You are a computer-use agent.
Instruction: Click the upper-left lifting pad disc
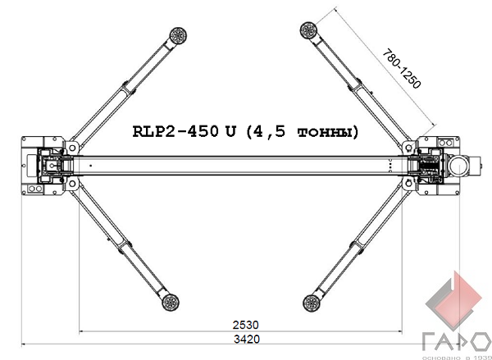coord(178,35)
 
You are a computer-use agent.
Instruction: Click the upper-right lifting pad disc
coord(308,30)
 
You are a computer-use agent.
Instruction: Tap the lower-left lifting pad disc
coord(171,303)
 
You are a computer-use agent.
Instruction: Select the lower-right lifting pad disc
coord(312,303)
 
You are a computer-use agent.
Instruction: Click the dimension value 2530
coord(246,325)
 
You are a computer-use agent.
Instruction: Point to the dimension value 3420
coord(247,339)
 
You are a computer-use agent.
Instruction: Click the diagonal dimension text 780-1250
coord(401,68)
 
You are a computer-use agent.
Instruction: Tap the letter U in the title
coord(230,131)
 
